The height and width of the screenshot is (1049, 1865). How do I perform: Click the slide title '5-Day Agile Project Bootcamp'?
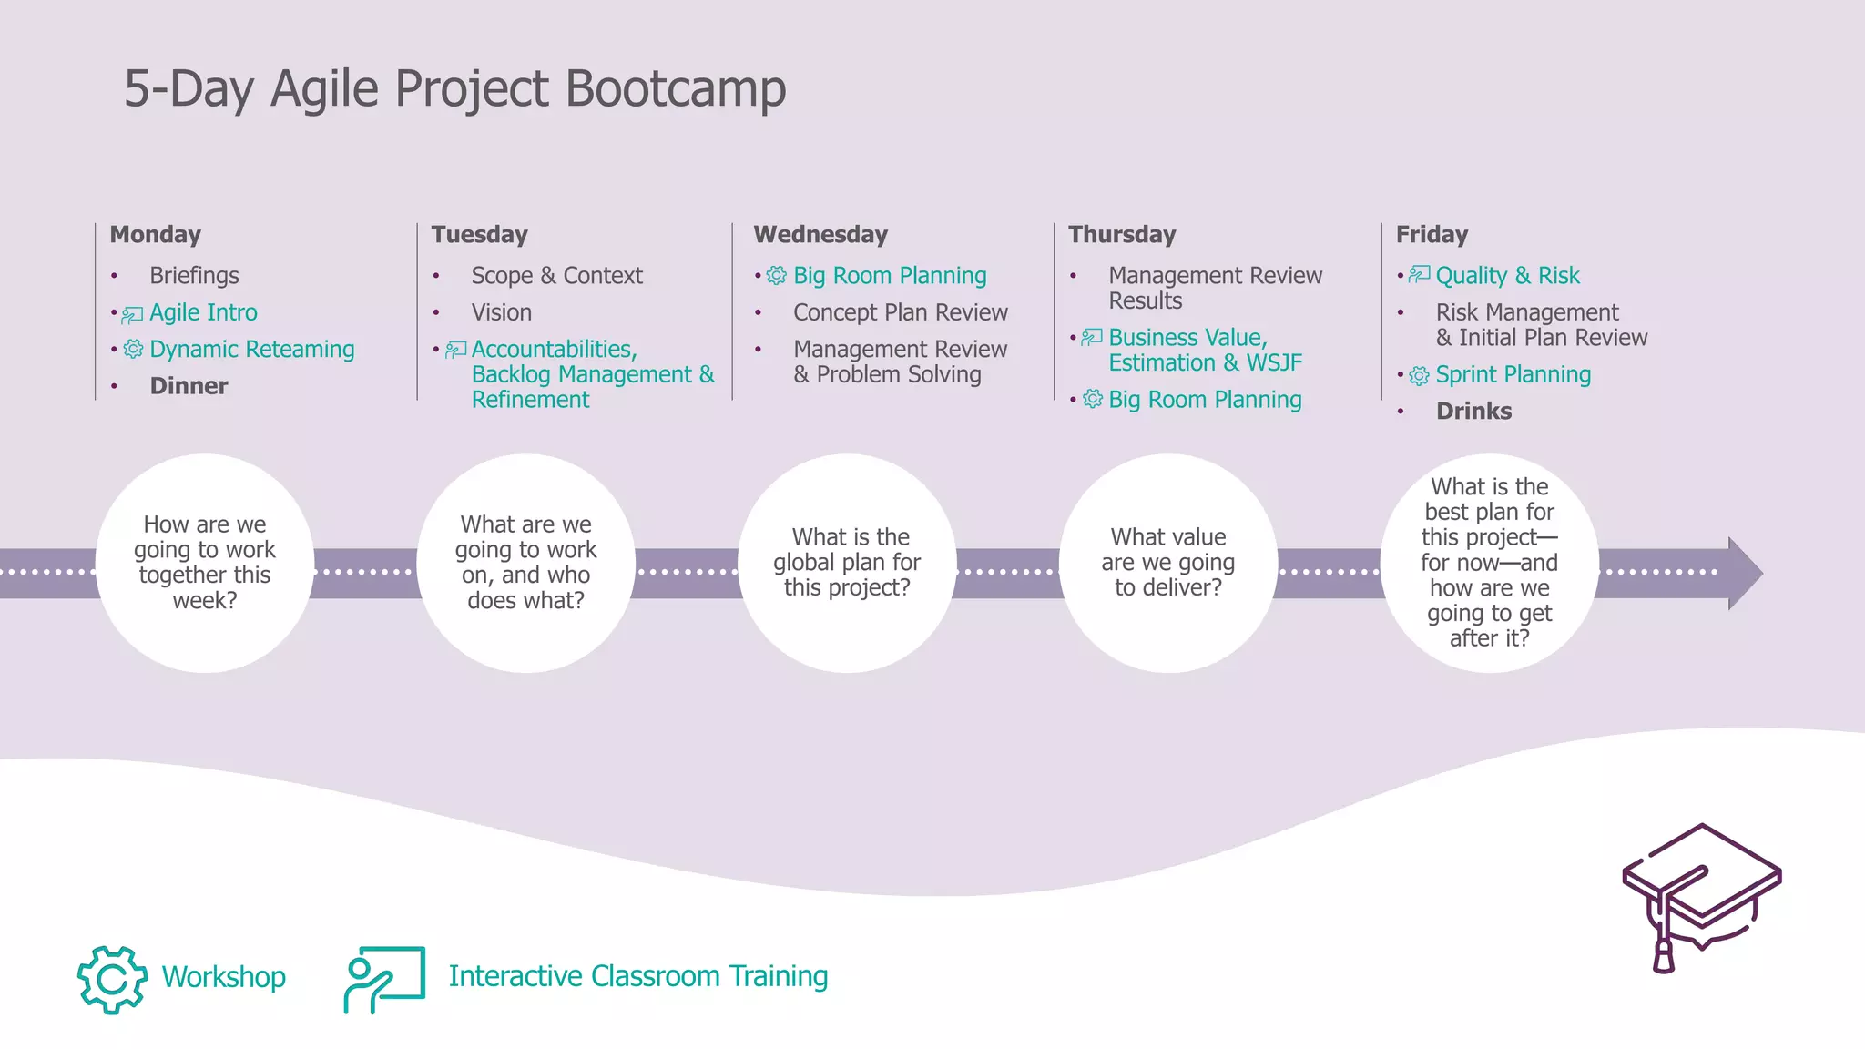point(454,89)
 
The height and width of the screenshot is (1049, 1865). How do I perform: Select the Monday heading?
point(155,235)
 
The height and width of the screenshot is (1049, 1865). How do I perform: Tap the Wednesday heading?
point(820,235)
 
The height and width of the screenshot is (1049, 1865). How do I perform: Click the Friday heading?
point(1432,235)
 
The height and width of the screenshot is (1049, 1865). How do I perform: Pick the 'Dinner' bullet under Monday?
point(189,386)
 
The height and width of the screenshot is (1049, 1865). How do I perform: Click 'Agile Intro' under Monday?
point(203,313)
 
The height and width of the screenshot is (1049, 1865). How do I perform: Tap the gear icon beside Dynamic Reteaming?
point(134,350)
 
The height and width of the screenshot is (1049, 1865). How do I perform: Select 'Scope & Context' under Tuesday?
point(556,276)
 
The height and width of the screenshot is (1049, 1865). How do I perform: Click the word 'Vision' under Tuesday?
point(501,313)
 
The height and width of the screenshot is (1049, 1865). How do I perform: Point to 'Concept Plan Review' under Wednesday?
point(900,313)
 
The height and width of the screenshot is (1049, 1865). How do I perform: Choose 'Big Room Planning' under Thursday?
point(1204,400)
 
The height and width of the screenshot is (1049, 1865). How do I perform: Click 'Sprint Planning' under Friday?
point(1513,375)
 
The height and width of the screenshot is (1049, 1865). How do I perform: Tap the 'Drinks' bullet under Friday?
point(1473,412)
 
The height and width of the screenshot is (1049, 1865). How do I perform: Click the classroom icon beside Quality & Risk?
point(1419,275)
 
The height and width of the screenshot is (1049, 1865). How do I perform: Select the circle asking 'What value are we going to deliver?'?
point(1168,563)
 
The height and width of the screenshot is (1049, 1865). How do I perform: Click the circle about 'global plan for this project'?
point(847,563)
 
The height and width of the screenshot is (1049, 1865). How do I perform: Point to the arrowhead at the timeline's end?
point(1743,573)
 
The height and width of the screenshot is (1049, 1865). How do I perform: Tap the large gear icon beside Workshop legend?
point(112,979)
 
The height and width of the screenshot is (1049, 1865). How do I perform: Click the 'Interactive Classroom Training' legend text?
point(637,976)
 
